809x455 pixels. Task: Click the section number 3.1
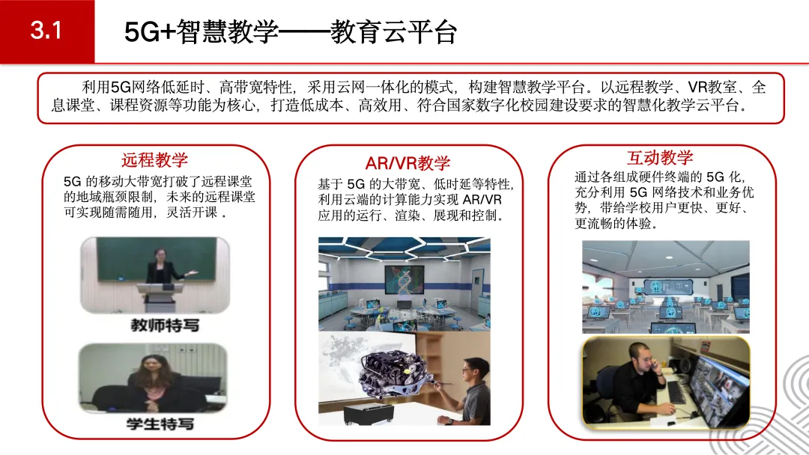46,31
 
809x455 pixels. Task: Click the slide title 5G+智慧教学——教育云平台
291,32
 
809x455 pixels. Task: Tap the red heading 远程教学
155,159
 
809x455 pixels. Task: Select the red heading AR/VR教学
407,163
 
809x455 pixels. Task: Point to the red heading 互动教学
660,157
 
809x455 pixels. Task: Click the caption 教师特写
165,325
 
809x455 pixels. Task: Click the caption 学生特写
160,424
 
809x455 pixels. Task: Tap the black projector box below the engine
369,414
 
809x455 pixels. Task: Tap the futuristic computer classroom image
666,287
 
